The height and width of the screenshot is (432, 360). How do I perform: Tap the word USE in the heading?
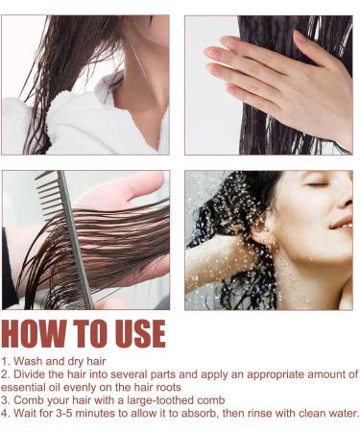click(x=133, y=333)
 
